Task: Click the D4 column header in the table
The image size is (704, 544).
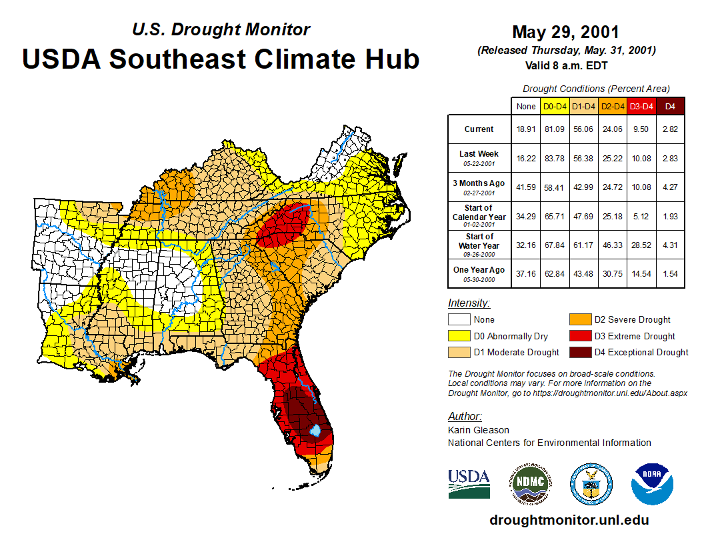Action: [x=670, y=107]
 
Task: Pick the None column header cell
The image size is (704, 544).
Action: [x=525, y=107]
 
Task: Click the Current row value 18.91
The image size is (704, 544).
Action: [x=525, y=129]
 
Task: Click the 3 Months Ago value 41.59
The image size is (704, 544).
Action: [x=525, y=187]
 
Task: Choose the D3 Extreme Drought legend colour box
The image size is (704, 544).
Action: [x=580, y=336]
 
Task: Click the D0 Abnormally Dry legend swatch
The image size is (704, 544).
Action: [x=459, y=336]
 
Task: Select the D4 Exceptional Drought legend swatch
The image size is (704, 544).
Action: [x=580, y=352]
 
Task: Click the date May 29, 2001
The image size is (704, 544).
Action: [x=565, y=32]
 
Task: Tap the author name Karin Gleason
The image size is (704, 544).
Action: [x=478, y=430]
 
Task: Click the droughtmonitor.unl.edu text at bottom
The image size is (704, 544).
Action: [x=569, y=520]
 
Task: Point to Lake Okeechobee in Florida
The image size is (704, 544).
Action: [x=316, y=431]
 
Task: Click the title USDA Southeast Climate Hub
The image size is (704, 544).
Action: [x=221, y=59]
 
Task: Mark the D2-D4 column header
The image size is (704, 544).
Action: [x=612, y=107]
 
